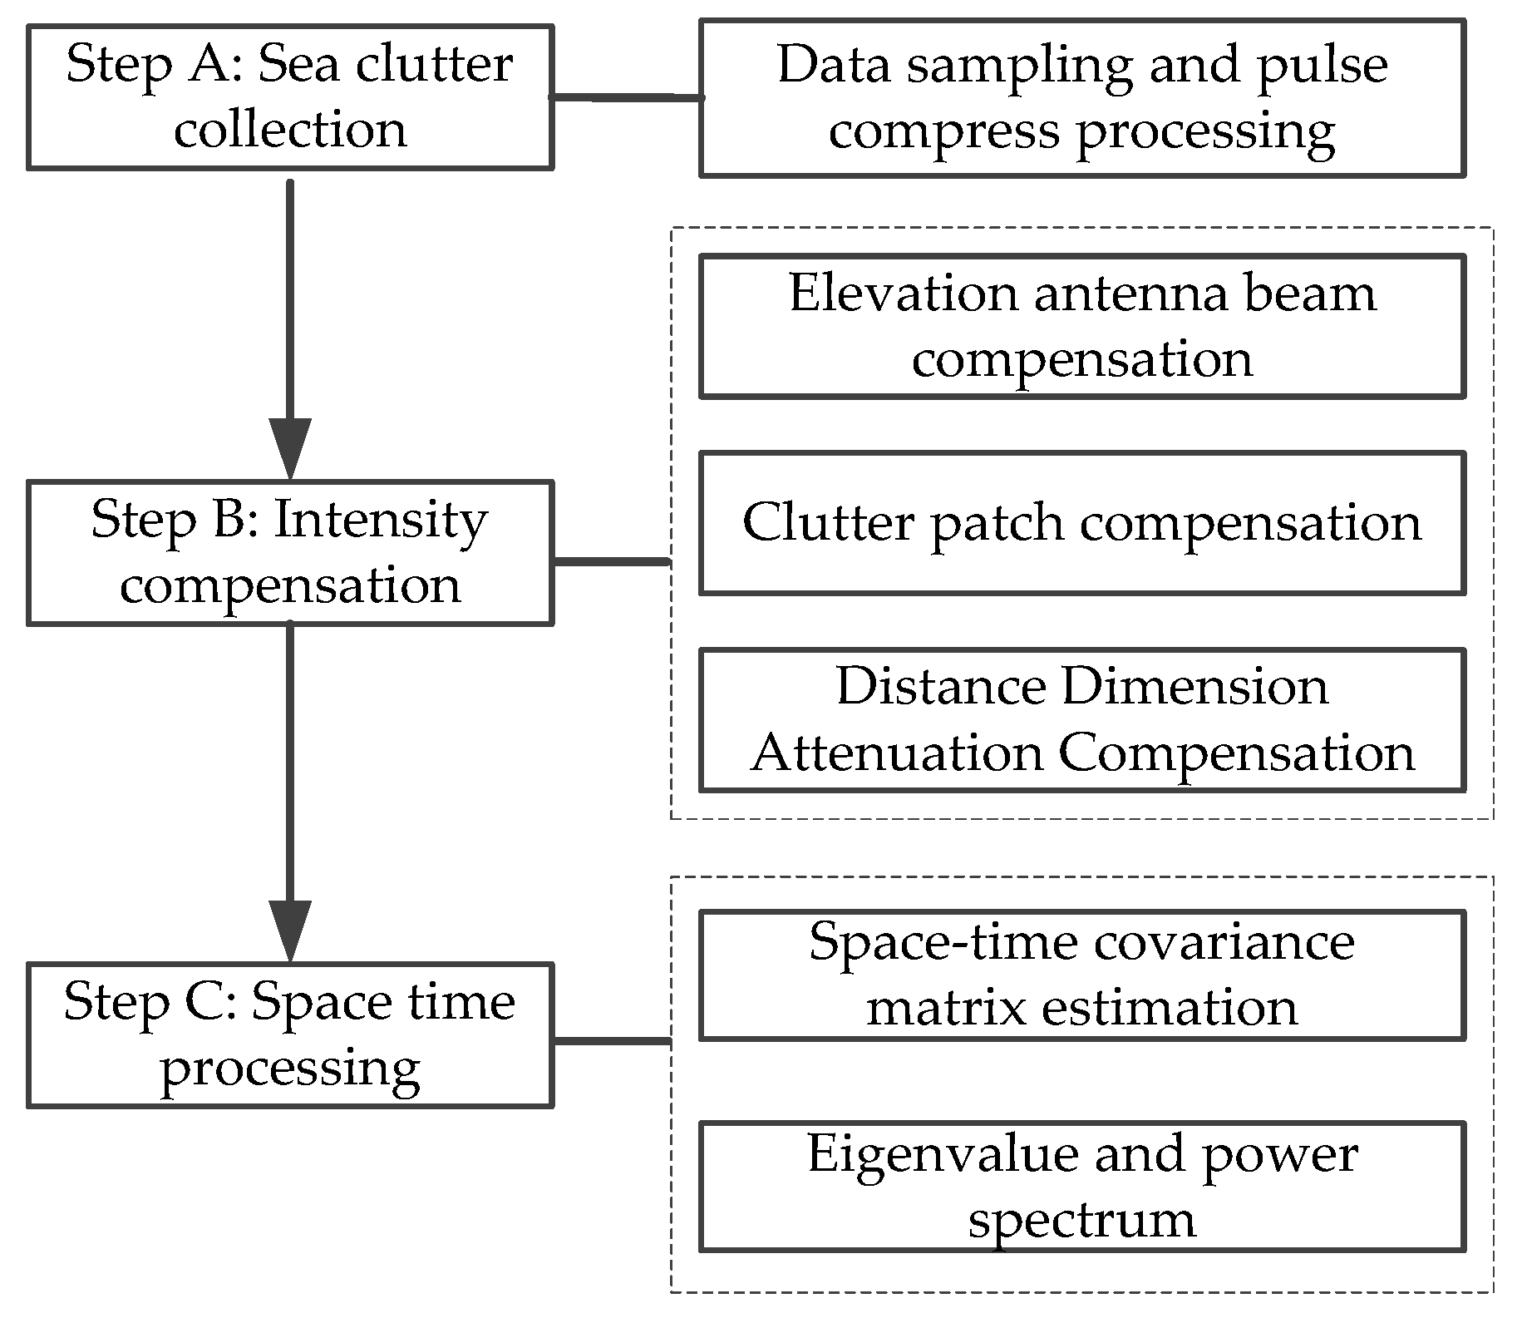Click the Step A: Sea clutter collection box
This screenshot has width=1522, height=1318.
click(290, 97)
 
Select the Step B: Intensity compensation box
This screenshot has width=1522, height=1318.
click(290, 552)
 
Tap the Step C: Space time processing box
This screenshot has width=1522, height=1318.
click(290, 1034)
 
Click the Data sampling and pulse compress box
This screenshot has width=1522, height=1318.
click(1081, 98)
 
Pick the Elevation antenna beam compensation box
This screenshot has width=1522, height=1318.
click(1081, 326)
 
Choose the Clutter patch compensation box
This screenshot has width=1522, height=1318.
click(1081, 523)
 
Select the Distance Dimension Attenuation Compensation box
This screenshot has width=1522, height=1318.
click(1081, 720)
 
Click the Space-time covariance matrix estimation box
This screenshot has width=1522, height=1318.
click(1081, 975)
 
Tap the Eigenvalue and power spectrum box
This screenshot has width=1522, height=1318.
click(1081, 1187)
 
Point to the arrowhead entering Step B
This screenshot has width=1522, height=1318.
click(290, 449)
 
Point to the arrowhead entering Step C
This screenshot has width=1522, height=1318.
click(290, 931)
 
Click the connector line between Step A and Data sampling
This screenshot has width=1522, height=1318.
click(627, 98)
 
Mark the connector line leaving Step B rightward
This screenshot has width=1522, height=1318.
click(611, 562)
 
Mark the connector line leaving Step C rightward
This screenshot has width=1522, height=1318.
click(611, 1040)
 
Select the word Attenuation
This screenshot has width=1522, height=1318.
click(897, 753)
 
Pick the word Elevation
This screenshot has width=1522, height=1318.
click(904, 294)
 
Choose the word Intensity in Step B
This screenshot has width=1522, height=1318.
click(380, 521)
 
